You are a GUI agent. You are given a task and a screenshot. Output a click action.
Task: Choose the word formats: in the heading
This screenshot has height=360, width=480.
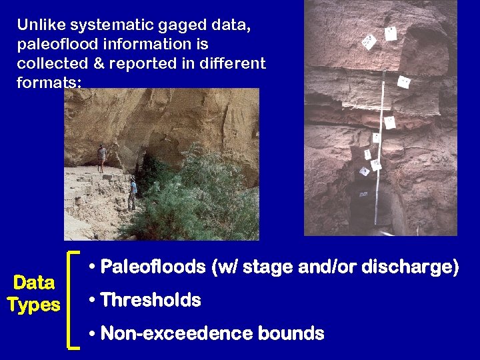click(50, 83)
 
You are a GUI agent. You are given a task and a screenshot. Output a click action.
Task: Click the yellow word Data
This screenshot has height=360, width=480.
click(34, 283)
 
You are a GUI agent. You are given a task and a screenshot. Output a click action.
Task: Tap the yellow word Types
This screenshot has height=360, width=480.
click(34, 305)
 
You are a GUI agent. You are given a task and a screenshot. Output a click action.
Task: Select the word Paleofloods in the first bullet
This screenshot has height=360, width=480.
click(153, 267)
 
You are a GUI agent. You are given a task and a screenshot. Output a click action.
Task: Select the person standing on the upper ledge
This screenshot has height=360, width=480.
click(101, 158)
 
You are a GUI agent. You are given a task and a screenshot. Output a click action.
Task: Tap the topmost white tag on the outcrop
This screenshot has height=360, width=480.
click(391, 33)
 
